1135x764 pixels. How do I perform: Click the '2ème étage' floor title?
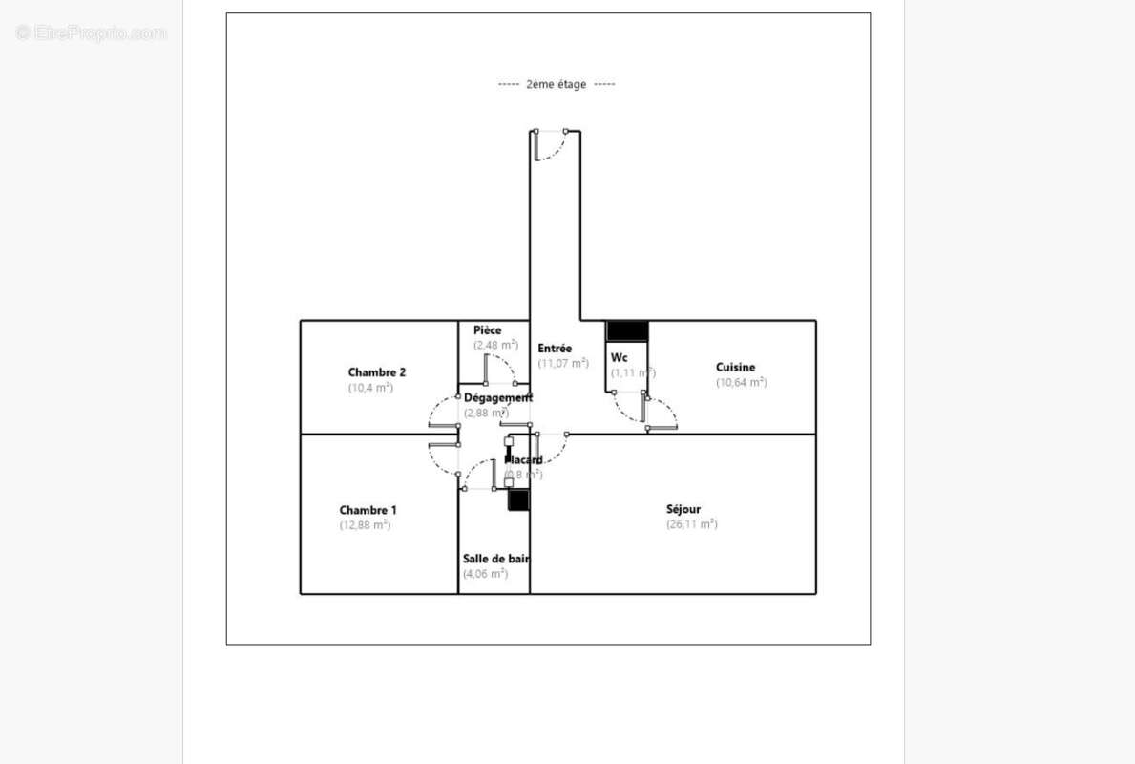pyautogui.click(x=556, y=84)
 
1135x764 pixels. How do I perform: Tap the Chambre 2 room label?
pyautogui.click(x=377, y=372)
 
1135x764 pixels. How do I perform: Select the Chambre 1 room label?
pyautogui.click(x=368, y=510)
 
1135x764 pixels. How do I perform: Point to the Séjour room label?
pyautogui.click(x=683, y=509)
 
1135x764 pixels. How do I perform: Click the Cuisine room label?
pyautogui.click(x=735, y=367)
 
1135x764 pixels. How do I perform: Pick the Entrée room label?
pyautogui.click(x=555, y=349)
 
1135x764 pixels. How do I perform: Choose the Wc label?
pyautogui.click(x=620, y=358)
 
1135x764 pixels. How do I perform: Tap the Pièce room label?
pyautogui.click(x=487, y=330)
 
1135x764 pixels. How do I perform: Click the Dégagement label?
pyautogui.click(x=497, y=397)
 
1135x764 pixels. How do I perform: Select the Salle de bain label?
pyautogui.click(x=495, y=559)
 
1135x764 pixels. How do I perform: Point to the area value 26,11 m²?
pyautogui.click(x=691, y=524)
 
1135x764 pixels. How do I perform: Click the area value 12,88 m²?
pyautogui.click(x=365, y=525)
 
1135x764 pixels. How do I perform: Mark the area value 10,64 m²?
pyautogui.click(x=741, y=382)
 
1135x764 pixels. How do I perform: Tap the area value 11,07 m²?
pyautogui.click(x=562, y=363)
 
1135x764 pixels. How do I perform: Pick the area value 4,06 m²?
pyautogui.click(x=485, y=574)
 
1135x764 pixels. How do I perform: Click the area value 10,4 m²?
pyautogui.click(x=370, y=388)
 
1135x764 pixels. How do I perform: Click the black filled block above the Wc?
pyautogui.click(x=627, y=330)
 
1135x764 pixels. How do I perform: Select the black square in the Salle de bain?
pyautogui.click(x=518, y=499)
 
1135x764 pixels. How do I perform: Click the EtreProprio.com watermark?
pyautogui.click(x=91, y=33)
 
